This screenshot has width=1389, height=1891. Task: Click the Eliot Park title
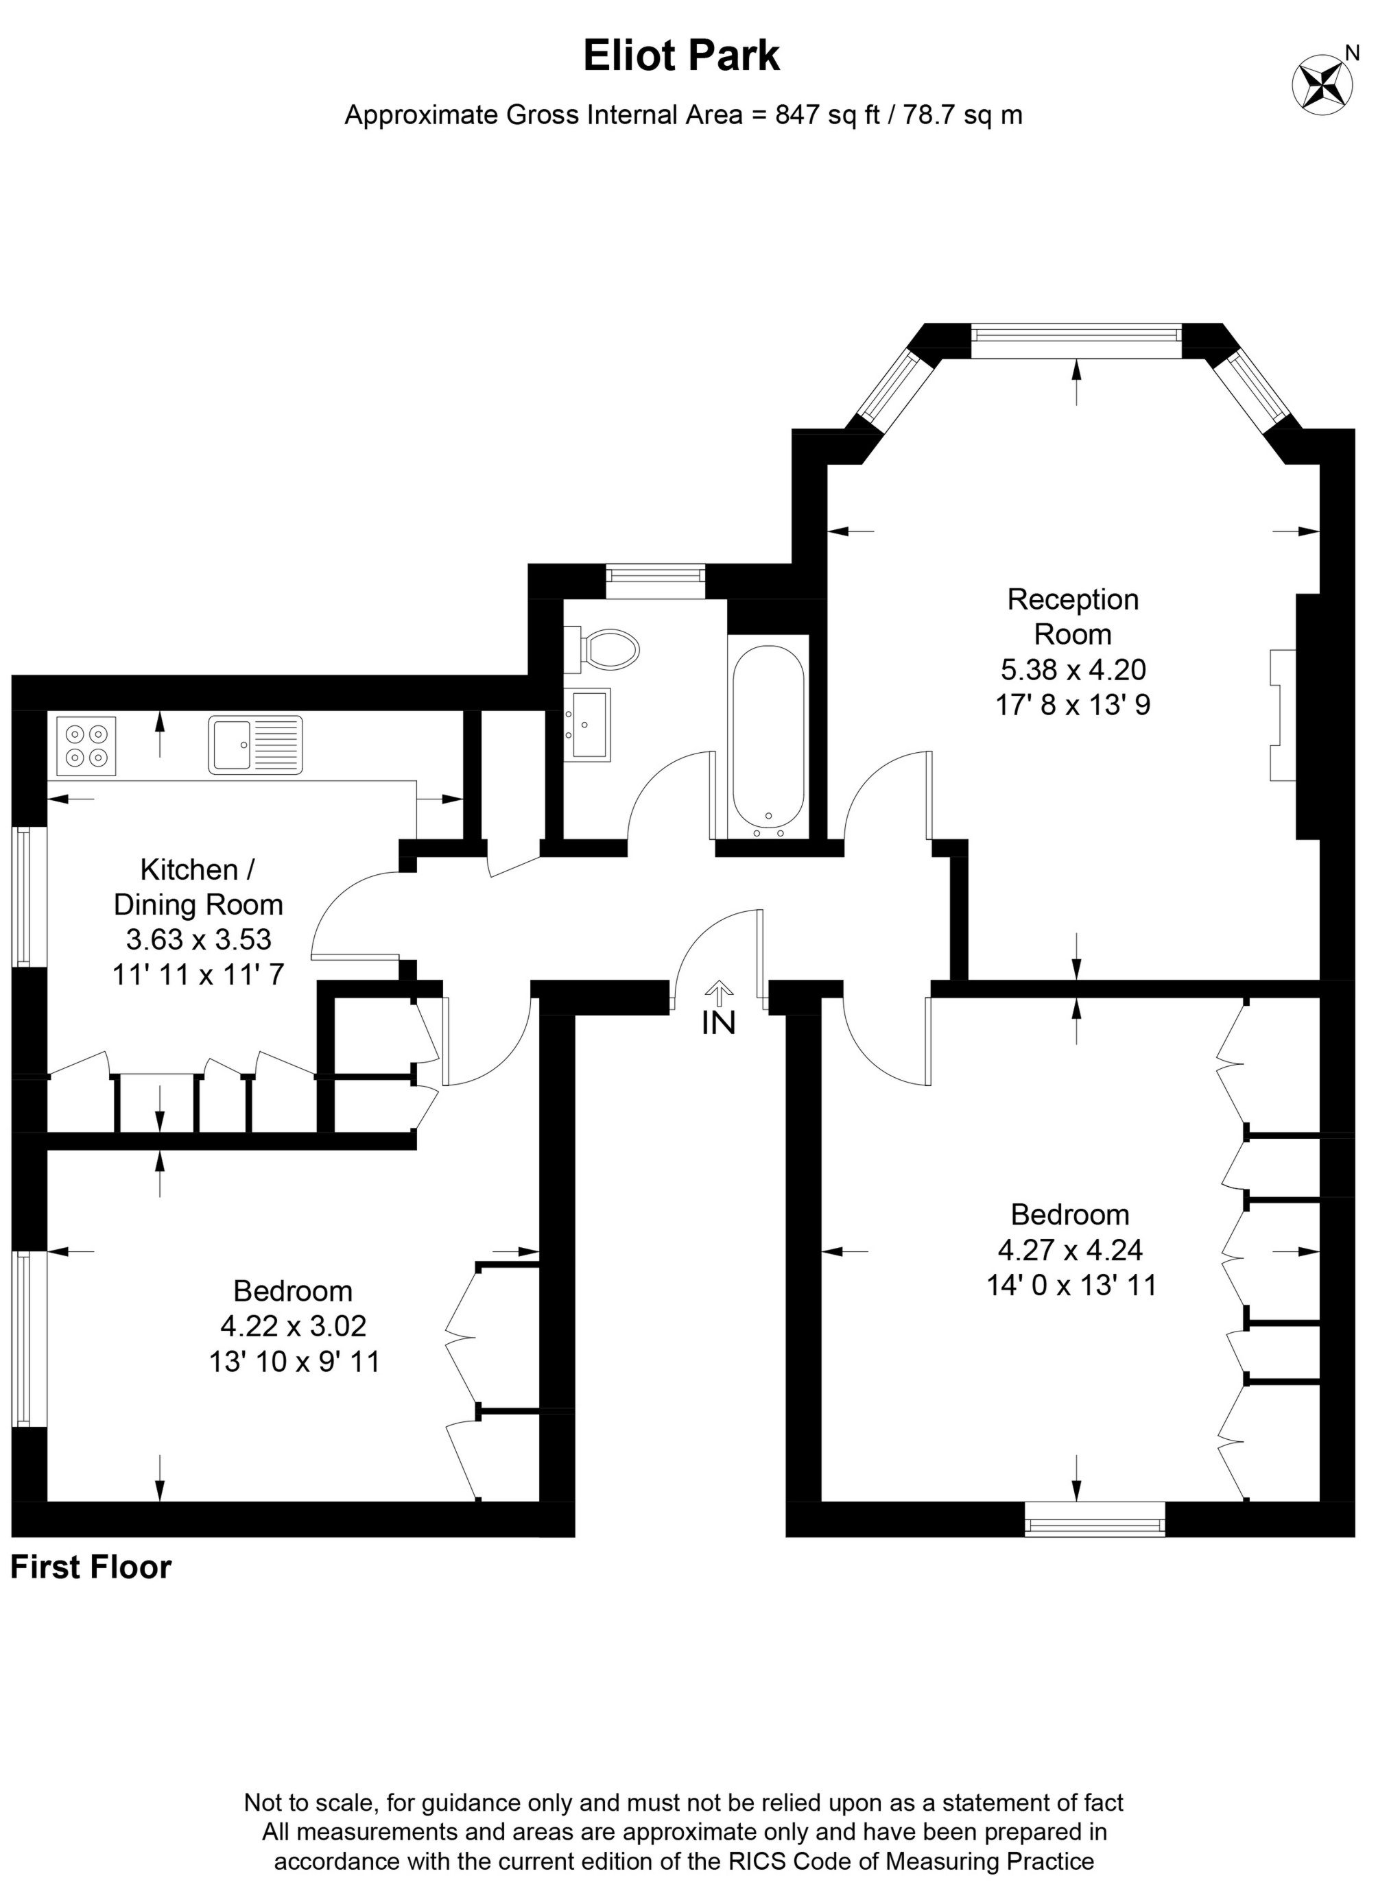point(681,56)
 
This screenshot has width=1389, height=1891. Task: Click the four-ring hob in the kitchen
point(86,745)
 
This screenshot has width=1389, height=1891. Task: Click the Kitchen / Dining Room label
point(198,887)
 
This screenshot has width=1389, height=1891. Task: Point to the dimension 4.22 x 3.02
point(294,1326)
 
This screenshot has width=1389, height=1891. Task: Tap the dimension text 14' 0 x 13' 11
point(1071,1285)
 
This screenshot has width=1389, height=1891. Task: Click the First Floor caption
point(91,1567)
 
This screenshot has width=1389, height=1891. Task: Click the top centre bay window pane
point(1076,335)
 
